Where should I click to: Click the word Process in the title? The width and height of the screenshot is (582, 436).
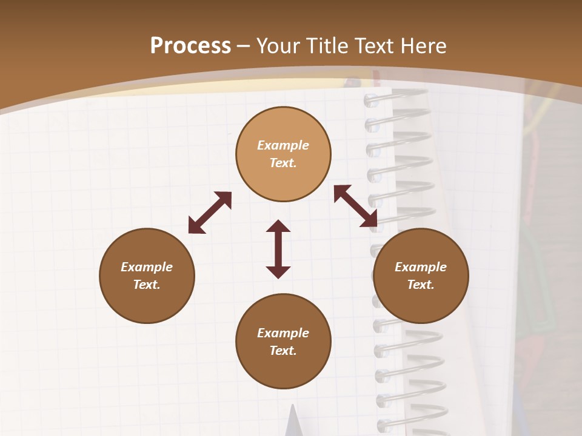pos(190,46)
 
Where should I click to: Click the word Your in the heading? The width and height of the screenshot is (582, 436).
pos(279,46)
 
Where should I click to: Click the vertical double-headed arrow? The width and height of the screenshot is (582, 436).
pos(278,249)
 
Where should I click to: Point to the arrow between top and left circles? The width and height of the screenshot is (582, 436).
pos(210,213)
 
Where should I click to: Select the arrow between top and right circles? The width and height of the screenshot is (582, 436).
pos(355,206)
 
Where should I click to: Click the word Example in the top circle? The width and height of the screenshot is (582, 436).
pos(283,145)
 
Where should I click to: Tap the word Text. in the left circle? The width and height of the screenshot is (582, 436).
pos(147,285)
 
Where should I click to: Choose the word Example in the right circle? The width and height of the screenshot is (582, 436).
pos(421,267)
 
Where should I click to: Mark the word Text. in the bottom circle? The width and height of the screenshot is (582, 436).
pos(283,351)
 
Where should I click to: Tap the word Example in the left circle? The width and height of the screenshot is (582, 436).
pos(147,267)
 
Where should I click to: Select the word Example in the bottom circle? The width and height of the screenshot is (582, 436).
pos(283,333)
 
